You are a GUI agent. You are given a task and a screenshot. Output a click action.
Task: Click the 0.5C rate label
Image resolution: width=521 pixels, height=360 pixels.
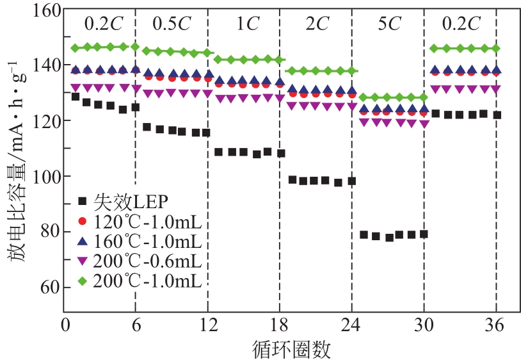point(172,24)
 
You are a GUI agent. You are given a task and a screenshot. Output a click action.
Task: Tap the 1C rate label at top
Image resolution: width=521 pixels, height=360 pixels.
point(244,24)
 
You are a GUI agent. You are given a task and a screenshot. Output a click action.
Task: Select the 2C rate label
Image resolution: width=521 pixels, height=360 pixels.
point(316,24)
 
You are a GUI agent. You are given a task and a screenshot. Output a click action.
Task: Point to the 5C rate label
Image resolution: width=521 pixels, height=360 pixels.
point(388,24)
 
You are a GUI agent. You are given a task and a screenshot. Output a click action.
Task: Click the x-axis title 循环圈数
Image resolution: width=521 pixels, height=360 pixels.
point(281,348)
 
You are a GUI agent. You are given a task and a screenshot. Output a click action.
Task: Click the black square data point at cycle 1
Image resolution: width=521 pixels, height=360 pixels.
point(76,97)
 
